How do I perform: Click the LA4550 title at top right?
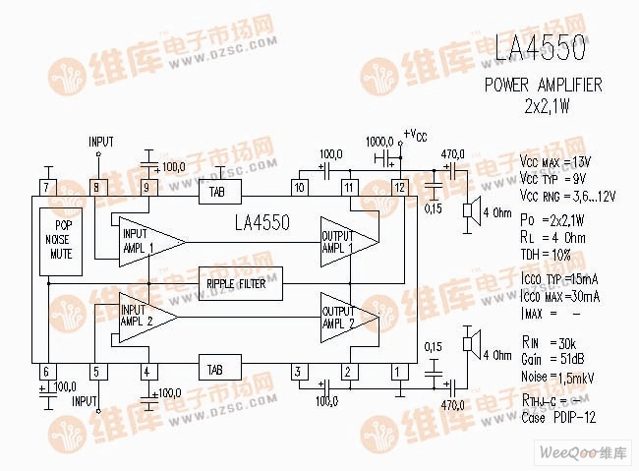click(542, 46)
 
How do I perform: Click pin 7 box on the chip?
click(46, 187)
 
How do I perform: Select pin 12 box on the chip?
click(398, 187)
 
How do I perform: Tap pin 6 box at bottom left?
click(46, 371)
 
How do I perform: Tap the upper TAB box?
click(214, 193)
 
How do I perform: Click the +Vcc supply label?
click(415, 135)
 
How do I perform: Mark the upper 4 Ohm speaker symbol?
click(471, 211)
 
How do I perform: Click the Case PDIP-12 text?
click(558, 418)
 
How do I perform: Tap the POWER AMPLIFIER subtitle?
click(543, 86)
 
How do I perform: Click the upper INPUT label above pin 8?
click(101, 142)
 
